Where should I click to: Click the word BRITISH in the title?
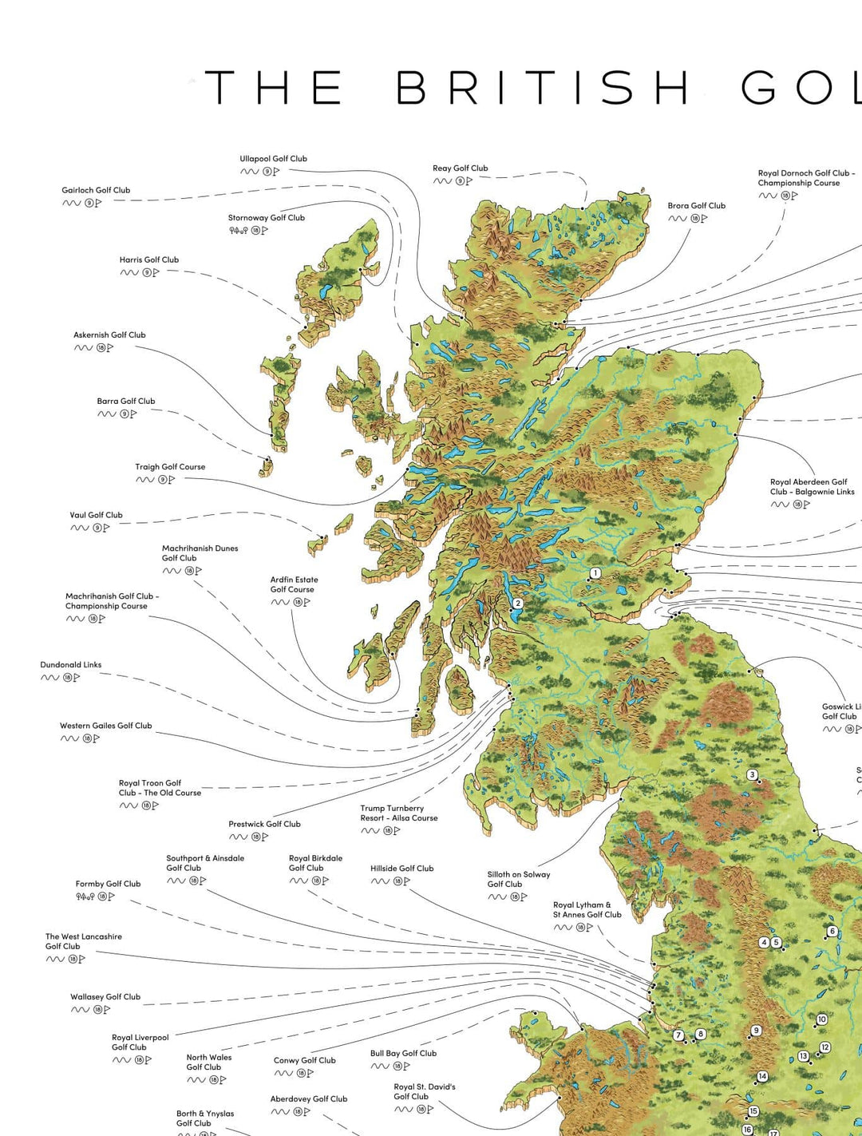543,87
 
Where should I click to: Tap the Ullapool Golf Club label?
273,159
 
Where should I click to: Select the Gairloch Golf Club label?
96,190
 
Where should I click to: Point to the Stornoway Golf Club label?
266,218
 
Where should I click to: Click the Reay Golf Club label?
460,168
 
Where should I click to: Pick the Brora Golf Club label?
696,206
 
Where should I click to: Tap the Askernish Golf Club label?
109,335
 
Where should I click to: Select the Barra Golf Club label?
126,402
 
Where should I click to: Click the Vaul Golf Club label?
96,516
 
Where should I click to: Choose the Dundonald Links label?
71,665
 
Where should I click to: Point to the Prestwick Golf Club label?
264,825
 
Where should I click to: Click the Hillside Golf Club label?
401,869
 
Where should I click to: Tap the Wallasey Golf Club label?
105,997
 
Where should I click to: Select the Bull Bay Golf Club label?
403,1054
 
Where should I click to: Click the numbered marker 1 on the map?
595,573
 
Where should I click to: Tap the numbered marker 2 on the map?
517,604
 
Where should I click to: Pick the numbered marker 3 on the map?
752,774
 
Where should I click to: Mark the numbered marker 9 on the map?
756,1031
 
